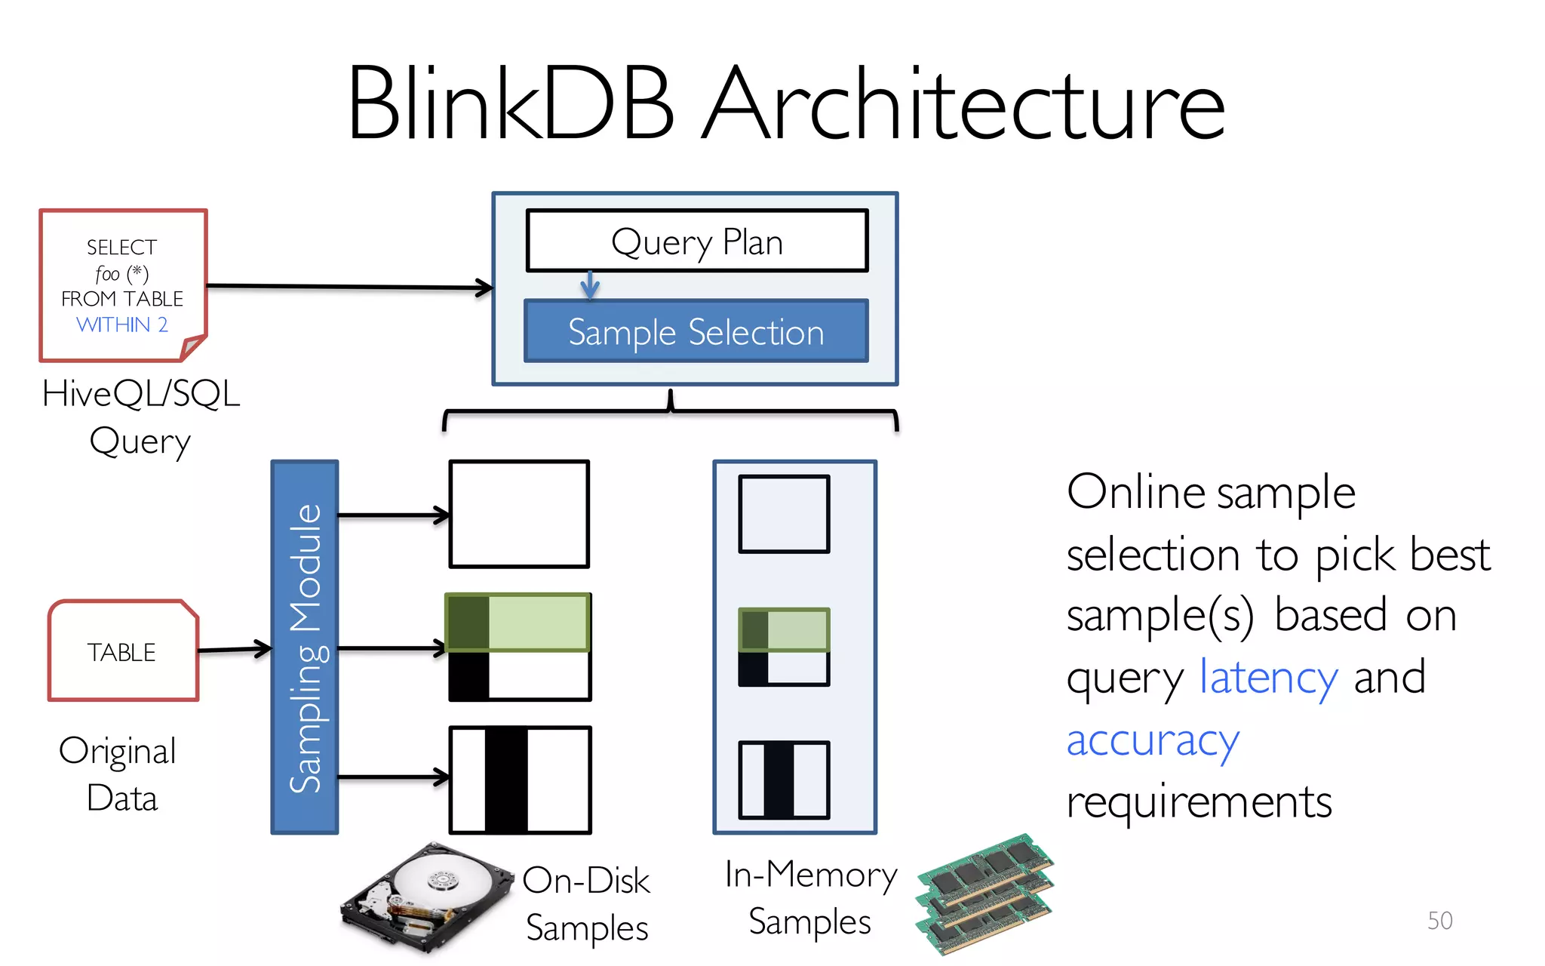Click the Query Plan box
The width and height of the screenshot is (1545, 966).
[x=697, y=241]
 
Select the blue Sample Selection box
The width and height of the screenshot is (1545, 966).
[x=696, y=332]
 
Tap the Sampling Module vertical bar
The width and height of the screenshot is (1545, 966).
[x=305, y=647]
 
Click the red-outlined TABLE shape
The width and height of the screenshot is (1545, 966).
[x=123, y=651]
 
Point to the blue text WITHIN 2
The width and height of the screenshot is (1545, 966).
[x=122, y=325]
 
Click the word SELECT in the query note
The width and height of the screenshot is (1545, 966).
[x=121, y=248]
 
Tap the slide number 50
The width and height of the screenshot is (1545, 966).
[x=1439, y=920]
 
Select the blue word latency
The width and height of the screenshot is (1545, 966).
[x=1268, y=677]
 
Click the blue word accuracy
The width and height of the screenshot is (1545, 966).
[x=1152, y=740]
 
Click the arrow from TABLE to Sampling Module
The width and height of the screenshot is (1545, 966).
[x=235, y=649]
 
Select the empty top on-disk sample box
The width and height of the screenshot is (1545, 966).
[x=519, y=514]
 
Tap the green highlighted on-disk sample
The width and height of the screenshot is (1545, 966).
[x=518, y=623]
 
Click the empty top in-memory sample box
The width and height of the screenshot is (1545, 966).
[x=784, y=514]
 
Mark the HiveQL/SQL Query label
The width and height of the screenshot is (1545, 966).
[x=140, y=417]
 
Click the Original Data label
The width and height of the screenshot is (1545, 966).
[x=118, y=774]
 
